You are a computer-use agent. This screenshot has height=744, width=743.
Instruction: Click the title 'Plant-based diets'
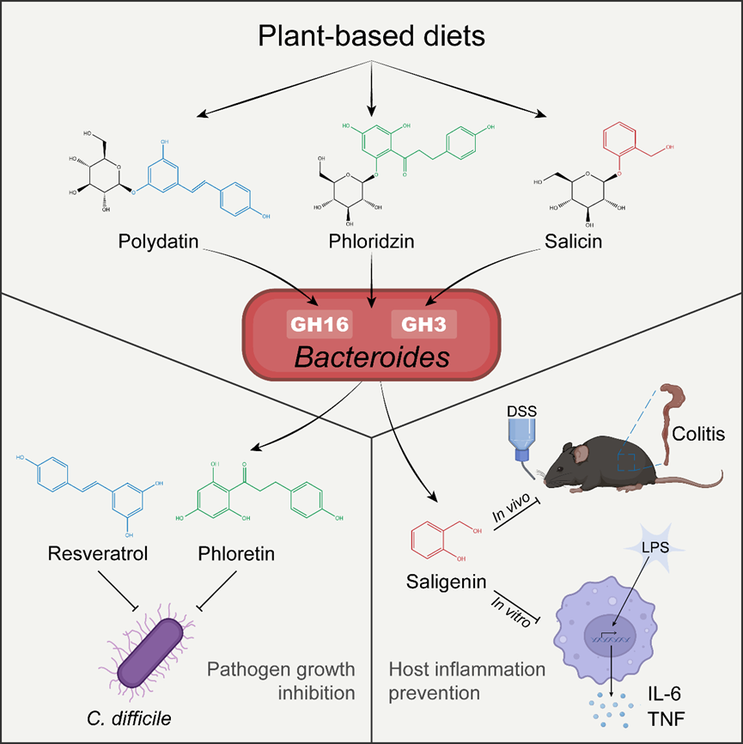(371, 37)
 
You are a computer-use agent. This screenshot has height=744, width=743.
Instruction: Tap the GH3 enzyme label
(423, 325)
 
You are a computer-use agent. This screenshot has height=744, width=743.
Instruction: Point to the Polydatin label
(158, 242)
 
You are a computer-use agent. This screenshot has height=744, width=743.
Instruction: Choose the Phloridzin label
(371, 242)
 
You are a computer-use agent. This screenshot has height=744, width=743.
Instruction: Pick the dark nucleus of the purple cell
(611, 639)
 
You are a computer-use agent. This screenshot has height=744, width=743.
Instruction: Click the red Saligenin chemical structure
(435, 542)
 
